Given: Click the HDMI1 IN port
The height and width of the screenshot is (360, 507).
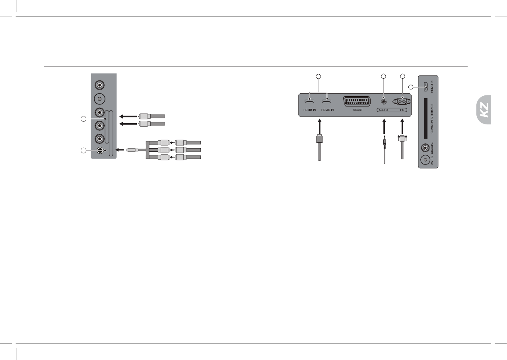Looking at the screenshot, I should click(x=310, y=101).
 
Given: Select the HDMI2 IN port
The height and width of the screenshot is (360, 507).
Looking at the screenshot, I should click(x=327, y=101).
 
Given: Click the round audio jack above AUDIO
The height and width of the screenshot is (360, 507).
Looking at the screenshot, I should click(x=383, y=101).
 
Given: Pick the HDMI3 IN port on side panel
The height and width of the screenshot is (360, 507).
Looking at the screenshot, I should click(x=425, y=86).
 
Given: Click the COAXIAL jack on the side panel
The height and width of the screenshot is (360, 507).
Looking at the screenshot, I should click(x=425, y=148).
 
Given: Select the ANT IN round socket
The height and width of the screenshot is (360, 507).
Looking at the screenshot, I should click(x=425, y=160).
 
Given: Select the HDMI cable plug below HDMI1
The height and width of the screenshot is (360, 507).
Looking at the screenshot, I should click(x=319, y=139).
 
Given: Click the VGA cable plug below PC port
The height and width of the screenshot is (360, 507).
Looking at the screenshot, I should click(x=402, y=139).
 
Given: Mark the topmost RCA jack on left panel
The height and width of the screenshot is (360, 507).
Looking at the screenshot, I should click(x=99, y=84).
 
